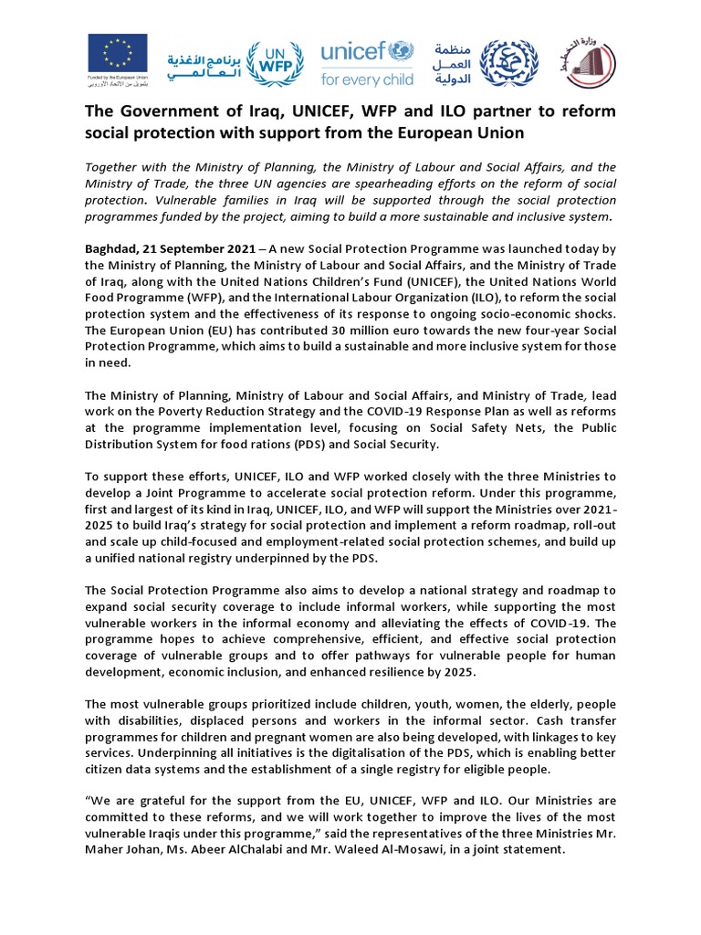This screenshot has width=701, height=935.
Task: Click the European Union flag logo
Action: (115, 56)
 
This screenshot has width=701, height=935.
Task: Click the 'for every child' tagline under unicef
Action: (367, 79)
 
